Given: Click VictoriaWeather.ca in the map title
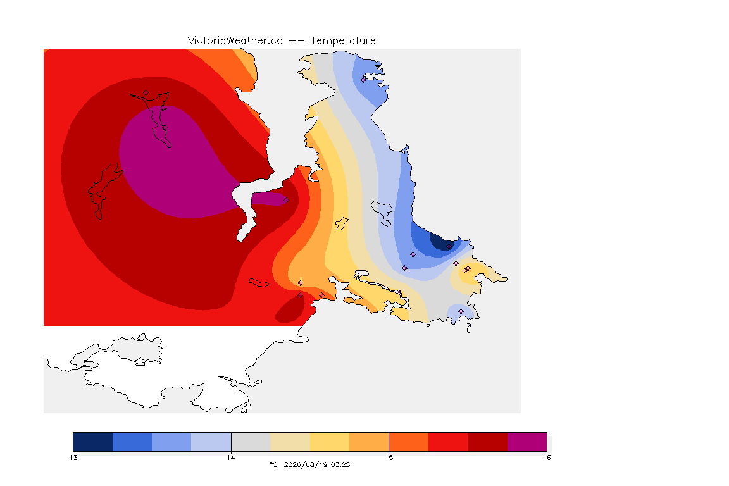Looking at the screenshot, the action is [x=235, y=41].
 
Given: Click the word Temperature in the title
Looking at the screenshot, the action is [x=343, y=41].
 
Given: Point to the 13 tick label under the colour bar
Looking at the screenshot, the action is [x=73, y=458].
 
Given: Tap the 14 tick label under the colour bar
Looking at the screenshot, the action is [x=231, y=458].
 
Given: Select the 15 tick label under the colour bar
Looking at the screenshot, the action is [x=389, y=458].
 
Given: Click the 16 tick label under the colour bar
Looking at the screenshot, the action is [x=547, y=458].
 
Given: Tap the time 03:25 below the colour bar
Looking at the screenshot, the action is [x=340, y=464].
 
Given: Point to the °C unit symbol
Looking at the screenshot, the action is [x=273, y=464].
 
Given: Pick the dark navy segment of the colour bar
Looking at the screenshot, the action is [x=93, y=442].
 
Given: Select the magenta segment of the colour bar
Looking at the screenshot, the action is [x=526, y=442].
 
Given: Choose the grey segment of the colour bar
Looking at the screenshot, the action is [x=251, y=442].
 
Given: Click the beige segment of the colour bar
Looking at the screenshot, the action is [x=290, y=442].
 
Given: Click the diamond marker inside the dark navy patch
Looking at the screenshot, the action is [x=449, y=247].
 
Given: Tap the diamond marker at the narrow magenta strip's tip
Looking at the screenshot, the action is [x=287, y=201].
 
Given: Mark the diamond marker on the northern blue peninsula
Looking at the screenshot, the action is [x=364, y=80].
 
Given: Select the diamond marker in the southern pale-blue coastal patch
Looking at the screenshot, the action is [x=461, y=311].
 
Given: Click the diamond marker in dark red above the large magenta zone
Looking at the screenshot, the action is [x=146, y=93].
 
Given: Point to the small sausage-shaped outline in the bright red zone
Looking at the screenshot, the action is [x=259, y=283].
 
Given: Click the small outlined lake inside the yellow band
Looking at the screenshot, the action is [x=342, y=223].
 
